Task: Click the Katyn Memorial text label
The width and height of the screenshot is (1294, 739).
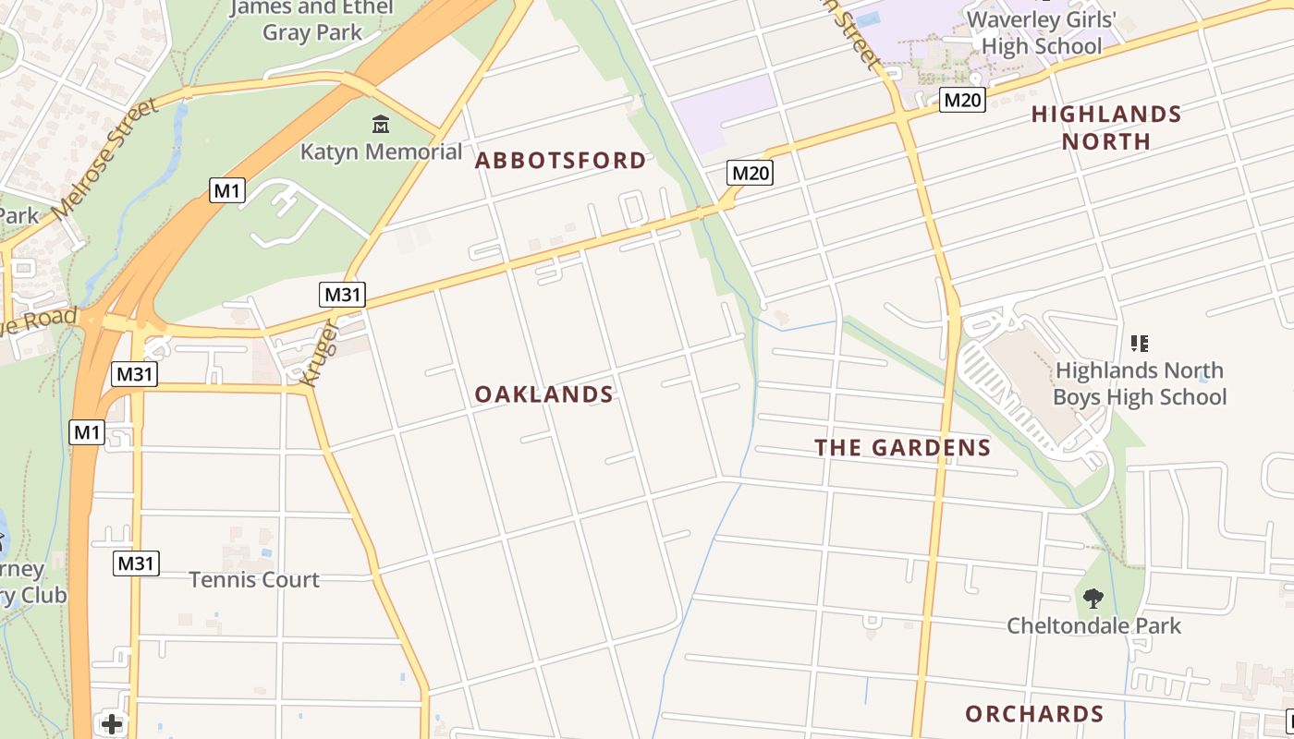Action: point(381,151)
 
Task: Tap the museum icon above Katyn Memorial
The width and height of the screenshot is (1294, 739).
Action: point(380,124)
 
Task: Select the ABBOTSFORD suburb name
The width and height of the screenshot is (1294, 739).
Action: point(560,161)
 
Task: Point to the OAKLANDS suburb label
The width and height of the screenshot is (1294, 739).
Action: point(543,394)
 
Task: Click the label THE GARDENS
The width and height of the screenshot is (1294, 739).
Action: point(902,448)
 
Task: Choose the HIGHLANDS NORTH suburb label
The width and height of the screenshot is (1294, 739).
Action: point(1105,127)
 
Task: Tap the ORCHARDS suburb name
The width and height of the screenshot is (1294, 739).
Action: point(1034,714)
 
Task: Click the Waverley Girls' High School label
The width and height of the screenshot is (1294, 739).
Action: point(1042,32)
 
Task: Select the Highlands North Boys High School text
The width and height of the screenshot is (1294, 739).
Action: point(1140,383)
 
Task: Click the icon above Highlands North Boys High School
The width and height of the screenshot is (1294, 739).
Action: point(1140,344)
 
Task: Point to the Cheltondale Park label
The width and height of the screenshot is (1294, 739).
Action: point(1093,625)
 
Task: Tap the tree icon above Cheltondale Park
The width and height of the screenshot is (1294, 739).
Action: point(1093,599)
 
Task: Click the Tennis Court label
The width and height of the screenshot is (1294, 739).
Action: point(254,579)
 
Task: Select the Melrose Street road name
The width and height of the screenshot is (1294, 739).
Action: point(106,159)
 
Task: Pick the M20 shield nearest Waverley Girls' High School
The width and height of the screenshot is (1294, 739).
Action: point(962,100)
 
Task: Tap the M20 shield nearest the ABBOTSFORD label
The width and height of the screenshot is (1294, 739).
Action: point(750,173)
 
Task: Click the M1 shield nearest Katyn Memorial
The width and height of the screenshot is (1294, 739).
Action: point(227,191)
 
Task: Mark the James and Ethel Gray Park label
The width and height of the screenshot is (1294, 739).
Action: point(312,19)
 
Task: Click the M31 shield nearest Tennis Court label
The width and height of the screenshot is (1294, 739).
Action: point(136,563)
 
